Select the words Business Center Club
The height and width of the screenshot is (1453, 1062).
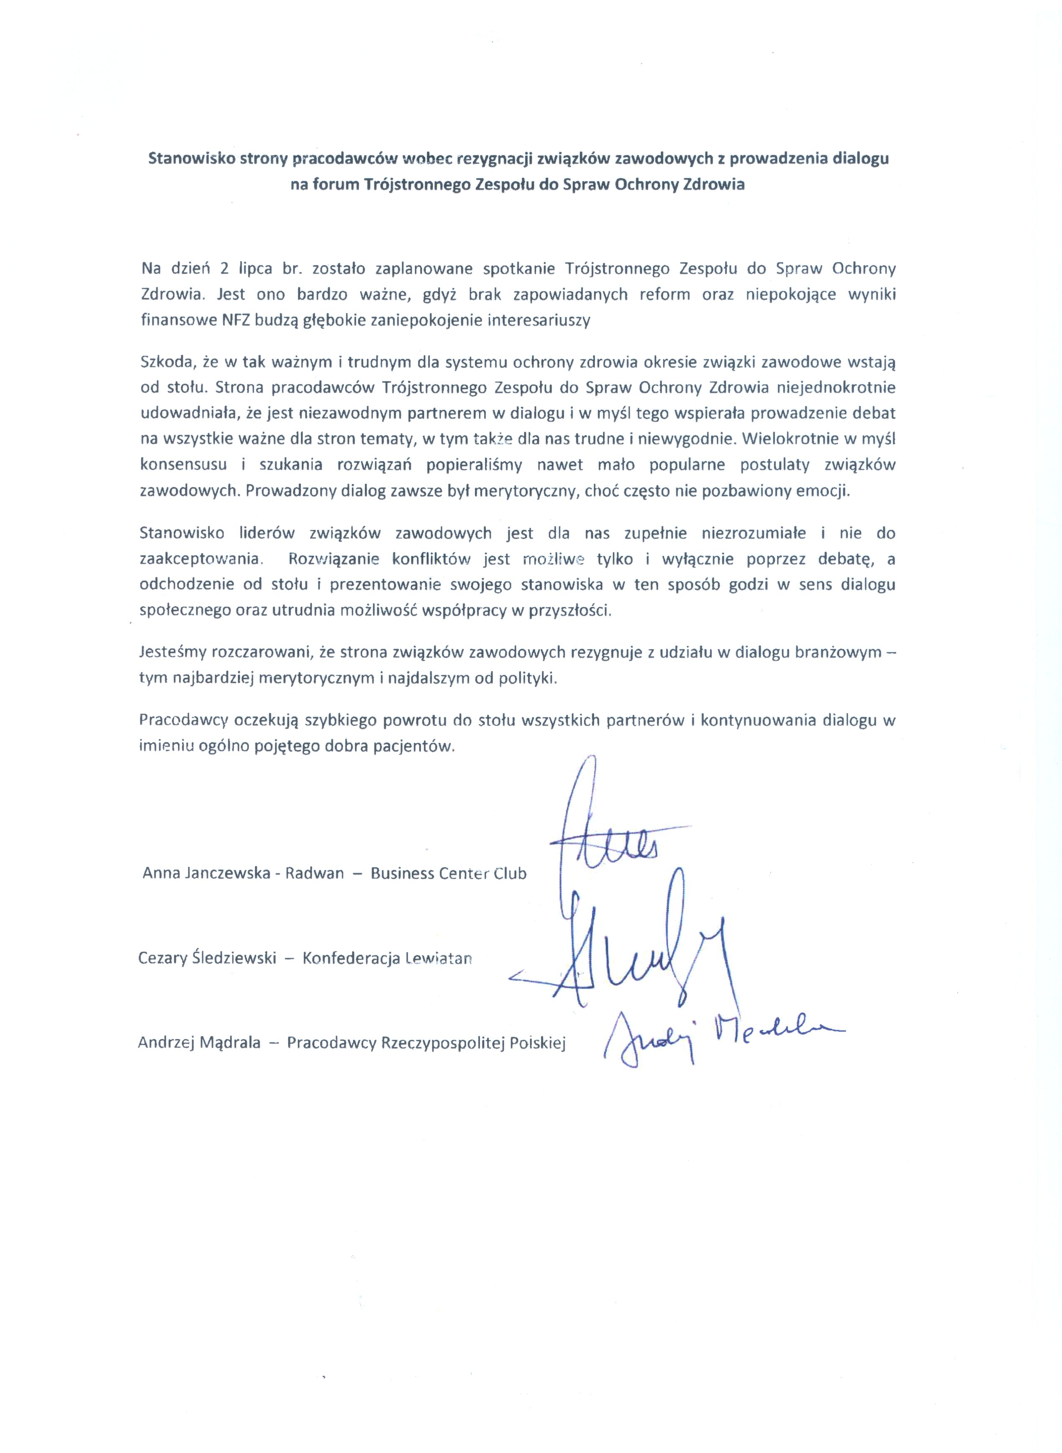pyautogui.click(x=448, y=873)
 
